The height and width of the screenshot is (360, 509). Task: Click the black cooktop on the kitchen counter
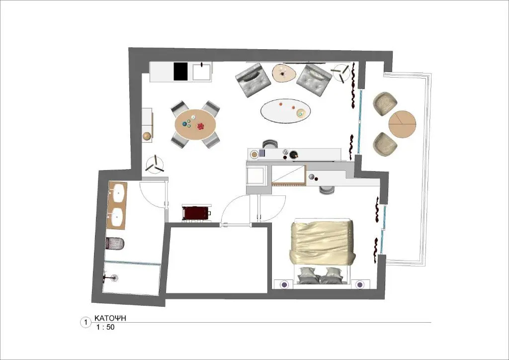tap(181, 71)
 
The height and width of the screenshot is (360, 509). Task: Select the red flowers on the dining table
tap(201, 126)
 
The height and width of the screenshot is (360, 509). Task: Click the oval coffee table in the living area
tap(285, 111)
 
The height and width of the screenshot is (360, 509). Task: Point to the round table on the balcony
tap(402, 124)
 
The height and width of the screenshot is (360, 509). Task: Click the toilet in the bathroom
tap(115, 244)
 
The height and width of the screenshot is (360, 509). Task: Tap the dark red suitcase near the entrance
tap(196, 213)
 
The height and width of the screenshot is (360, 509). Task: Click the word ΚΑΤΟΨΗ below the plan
tap(110, 318)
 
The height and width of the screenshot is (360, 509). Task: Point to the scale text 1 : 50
tap(105, 327)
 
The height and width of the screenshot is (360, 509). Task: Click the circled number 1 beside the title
tap(85, 323)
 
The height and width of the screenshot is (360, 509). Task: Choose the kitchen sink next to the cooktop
tap(202, 72)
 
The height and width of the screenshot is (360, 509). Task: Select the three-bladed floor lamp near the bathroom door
tap(155, 165)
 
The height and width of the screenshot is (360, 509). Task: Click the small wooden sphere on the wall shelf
tap(147, 136)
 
